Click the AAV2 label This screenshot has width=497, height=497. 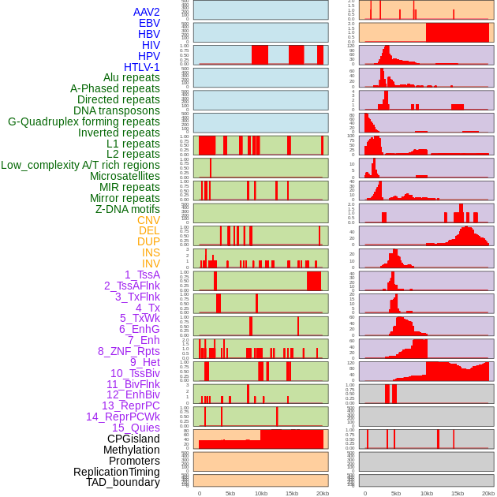coord(146,12)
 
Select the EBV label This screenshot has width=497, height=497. coord(149,23)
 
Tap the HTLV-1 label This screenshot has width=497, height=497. coord(141,67)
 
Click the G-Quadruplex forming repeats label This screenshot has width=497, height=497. coord(84,121)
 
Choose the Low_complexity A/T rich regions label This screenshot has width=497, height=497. coord(80,165)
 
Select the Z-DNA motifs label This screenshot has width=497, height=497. coord(127,209)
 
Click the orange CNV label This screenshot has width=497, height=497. coord(148,220)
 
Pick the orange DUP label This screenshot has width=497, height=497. coord(148,241)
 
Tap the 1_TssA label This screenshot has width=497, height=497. coord(142,275)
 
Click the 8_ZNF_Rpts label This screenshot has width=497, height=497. coord(129,351)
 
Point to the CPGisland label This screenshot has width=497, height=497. coord(133,439)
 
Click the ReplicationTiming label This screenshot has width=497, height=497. coord(116,472)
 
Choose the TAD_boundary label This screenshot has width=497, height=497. coord(122,482)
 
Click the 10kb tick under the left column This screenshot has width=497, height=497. coord(260,493)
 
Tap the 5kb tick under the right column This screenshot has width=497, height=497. coord(395,493)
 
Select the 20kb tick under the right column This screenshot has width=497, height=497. coord(488,493)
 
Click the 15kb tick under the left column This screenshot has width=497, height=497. coord(291,493)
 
